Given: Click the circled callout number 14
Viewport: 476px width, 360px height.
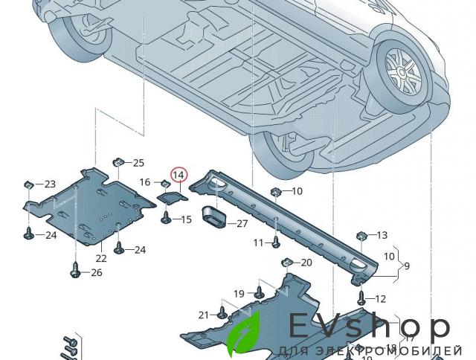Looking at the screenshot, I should pos(178,175).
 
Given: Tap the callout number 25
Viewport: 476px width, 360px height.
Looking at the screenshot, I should pos(139,163).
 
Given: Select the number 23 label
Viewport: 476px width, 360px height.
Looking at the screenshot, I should pos(49,184).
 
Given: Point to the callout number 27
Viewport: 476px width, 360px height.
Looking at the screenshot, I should pos(243,223).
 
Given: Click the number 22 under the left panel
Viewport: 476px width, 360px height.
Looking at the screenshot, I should pos(100,258).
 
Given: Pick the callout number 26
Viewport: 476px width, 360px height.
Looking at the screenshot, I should pos(96,273).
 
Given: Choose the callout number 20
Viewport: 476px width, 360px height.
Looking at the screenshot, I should pos(306,263).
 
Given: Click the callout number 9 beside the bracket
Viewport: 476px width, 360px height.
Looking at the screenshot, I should pos(406,265).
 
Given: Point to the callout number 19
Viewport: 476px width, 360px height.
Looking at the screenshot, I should pos(239,294).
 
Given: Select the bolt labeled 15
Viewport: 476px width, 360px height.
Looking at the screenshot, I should pos(165,218).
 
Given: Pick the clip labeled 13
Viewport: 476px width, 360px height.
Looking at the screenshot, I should pos(362,236).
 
